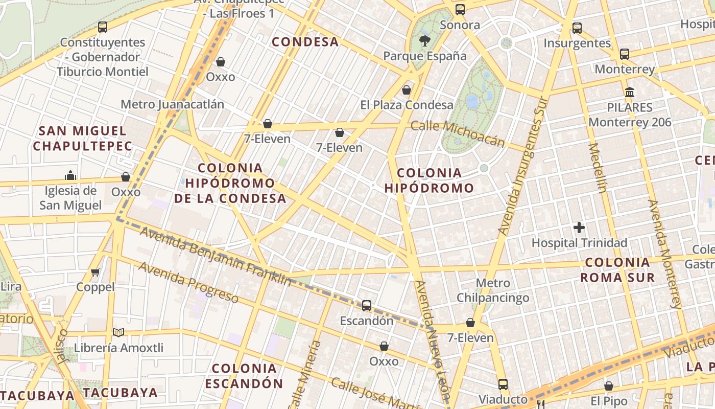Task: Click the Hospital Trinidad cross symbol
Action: (579, 228)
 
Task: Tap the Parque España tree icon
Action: (424, 41)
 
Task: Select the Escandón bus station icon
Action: (367, 306)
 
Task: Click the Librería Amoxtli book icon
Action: (118, 333)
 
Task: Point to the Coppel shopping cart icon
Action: (96, 272)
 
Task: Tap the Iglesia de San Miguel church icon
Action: (70, 176)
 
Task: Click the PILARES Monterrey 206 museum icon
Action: (630, 93)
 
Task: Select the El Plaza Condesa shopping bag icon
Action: (407, 90)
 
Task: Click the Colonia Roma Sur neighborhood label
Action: (617, 270)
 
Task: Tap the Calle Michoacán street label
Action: (458, 133)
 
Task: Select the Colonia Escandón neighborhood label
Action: (244, 376)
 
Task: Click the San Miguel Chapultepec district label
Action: (82, 138)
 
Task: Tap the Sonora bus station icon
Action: (460, 10)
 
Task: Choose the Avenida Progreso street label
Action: (188, 282)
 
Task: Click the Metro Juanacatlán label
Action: (172, 104)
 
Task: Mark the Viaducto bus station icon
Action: (503, 384)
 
